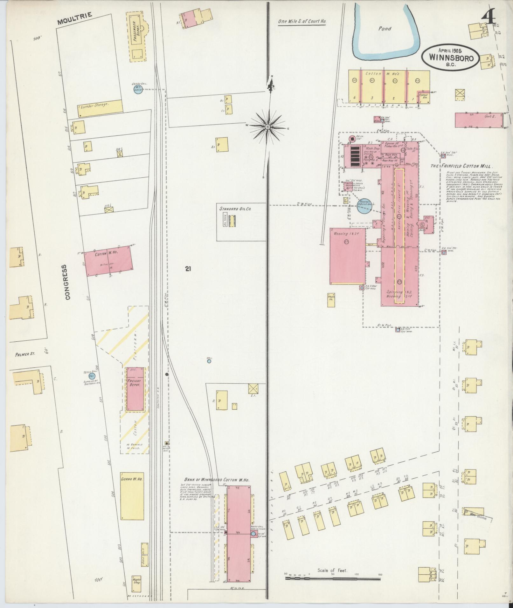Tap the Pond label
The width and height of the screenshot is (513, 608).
[385, 29]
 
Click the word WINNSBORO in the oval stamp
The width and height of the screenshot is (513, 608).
[450, 58]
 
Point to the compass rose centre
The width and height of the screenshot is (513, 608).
[268, 127]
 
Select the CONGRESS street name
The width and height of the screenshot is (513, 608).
[67, 282]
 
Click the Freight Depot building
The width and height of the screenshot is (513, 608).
[135, 389]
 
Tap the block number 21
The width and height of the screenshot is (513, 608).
[188, 269]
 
